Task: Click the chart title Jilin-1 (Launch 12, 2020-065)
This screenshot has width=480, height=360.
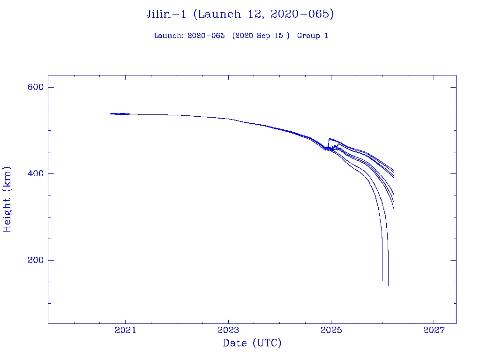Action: coord(240,15)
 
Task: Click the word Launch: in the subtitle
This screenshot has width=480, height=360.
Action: coord(169,36)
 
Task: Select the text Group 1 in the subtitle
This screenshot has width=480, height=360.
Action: coord(312,36)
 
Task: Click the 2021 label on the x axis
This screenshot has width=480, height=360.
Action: coord(125,330)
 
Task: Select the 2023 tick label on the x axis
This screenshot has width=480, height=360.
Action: coord(228,330)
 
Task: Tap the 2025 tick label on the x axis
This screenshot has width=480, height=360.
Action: coord(331,330)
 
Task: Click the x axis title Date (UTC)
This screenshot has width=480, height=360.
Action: coord(252,344)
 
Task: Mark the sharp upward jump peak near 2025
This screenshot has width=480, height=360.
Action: coord(330,138)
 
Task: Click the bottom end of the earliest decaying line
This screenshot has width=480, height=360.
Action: coord(382,280)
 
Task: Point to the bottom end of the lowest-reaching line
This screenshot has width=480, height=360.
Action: coord(388,285)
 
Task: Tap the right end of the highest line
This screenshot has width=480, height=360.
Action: coord(394,171)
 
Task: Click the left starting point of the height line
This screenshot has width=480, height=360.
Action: coord(111,113)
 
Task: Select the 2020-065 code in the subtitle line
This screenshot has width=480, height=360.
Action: coord(206,36)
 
